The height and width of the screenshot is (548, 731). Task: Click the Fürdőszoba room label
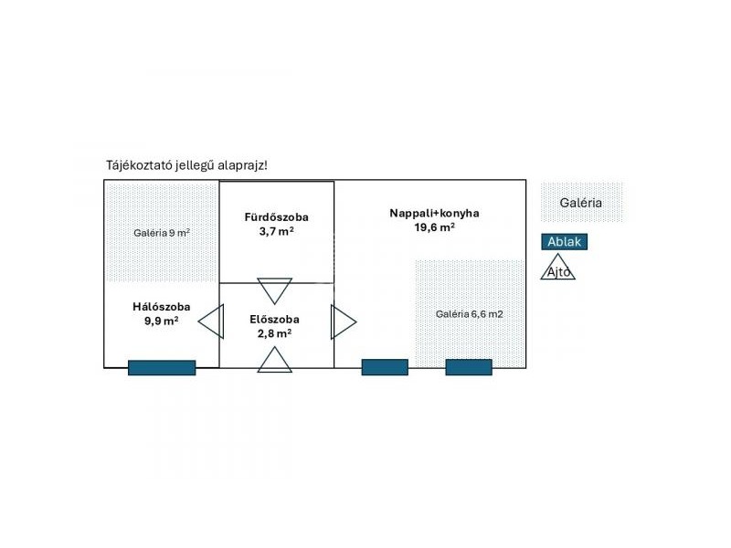276,217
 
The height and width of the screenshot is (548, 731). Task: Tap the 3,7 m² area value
276,232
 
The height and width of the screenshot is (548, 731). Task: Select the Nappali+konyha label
434,214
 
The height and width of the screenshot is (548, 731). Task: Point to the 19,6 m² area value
434,228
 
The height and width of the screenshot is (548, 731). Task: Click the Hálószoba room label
161,306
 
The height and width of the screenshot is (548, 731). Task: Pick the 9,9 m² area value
161,321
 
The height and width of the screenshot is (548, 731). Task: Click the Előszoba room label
274,320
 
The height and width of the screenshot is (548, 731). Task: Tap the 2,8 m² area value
274,333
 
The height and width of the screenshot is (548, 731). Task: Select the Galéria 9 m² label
162,233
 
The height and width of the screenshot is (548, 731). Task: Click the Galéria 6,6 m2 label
469,314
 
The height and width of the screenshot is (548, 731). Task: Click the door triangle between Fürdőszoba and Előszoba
275,290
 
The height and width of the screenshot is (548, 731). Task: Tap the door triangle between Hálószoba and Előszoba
213,321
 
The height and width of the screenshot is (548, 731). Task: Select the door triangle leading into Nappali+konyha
342,321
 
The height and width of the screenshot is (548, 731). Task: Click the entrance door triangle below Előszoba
275,360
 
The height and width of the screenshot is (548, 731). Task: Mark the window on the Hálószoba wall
162,367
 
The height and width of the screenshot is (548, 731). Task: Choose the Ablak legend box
564,242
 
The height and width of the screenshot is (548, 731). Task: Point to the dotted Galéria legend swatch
581,203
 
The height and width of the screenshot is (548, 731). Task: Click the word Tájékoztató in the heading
140,165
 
